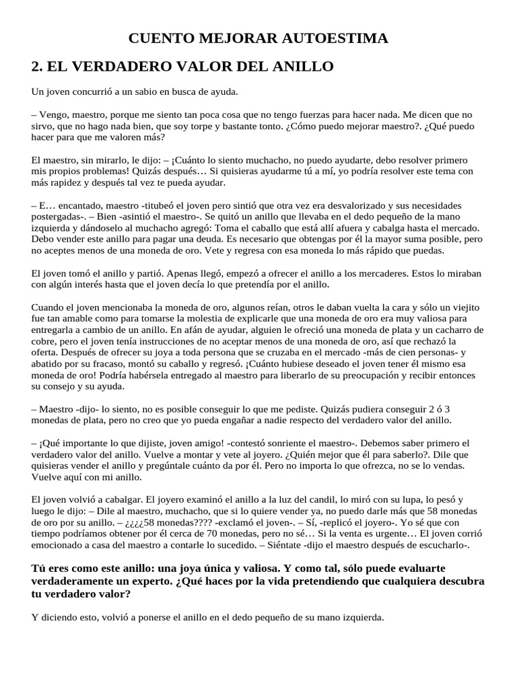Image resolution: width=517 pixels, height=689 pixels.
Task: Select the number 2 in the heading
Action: tap(36, 67)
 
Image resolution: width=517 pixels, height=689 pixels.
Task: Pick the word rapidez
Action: tap(69, 182)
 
